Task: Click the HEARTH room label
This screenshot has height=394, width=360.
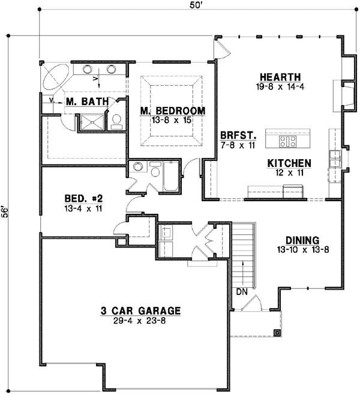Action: [x=280, y=77]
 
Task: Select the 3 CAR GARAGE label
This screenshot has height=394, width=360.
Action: [x=140, y=311]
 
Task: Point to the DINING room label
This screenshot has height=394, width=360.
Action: [x=302, y=239]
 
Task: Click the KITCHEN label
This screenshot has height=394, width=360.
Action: [x=289, y=163]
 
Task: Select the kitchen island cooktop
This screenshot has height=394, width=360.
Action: [x=287, y=141]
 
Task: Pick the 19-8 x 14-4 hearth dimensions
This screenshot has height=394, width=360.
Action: [x=280, y=86]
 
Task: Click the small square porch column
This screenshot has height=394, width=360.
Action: [x=277, y=332]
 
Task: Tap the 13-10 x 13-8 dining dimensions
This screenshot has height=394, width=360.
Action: [x=302, y=249]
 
